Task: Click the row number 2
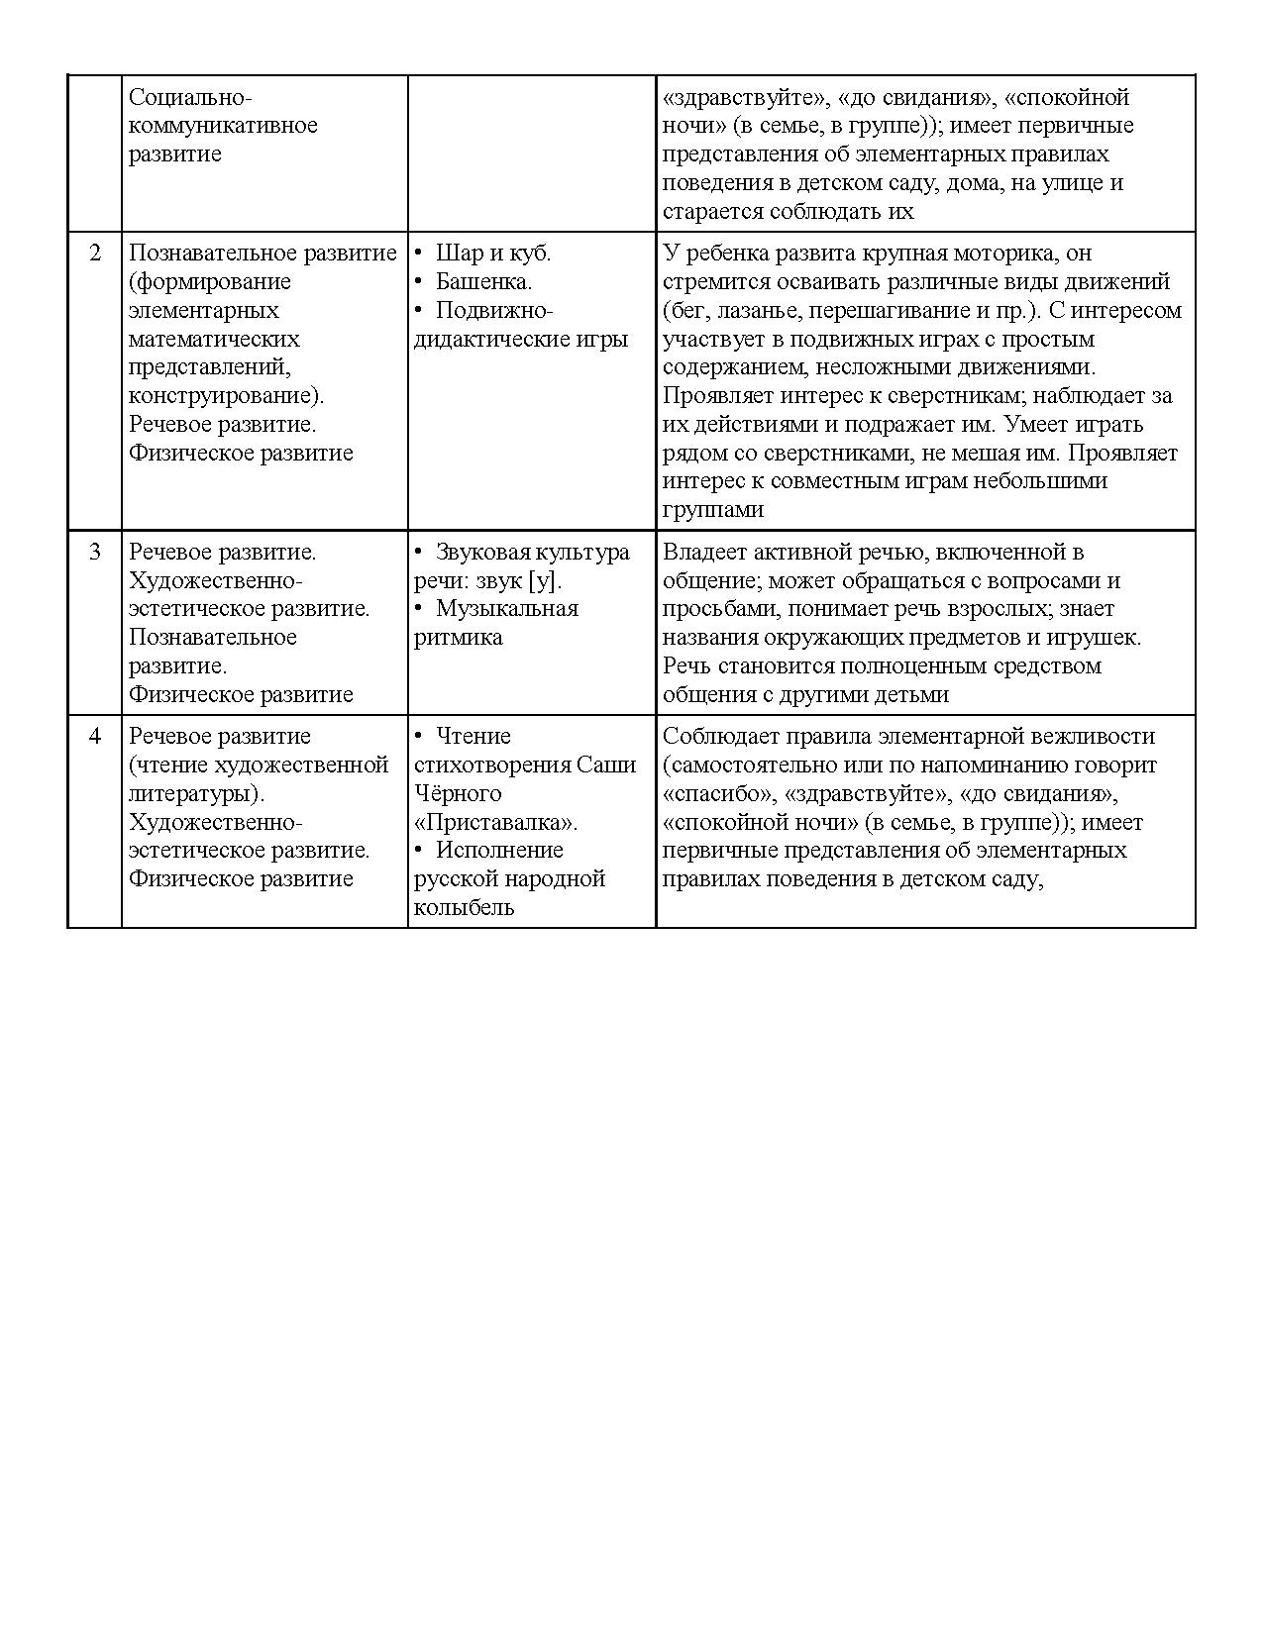(95, 254)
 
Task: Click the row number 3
(95, 553)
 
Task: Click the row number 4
(95, 737)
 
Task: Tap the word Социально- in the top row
(191, 98)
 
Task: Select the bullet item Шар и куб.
(492, 254)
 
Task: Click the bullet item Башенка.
(483, 282)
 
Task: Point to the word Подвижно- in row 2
(493, 311)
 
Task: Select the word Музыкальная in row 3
(506, 609)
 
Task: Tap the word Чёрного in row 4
(458, 794)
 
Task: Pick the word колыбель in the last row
(464, 908)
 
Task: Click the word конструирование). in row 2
(227, 396)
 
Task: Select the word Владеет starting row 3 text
(702, 553)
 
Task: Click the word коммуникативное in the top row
(223, 126)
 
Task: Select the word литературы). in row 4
(196, 794)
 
